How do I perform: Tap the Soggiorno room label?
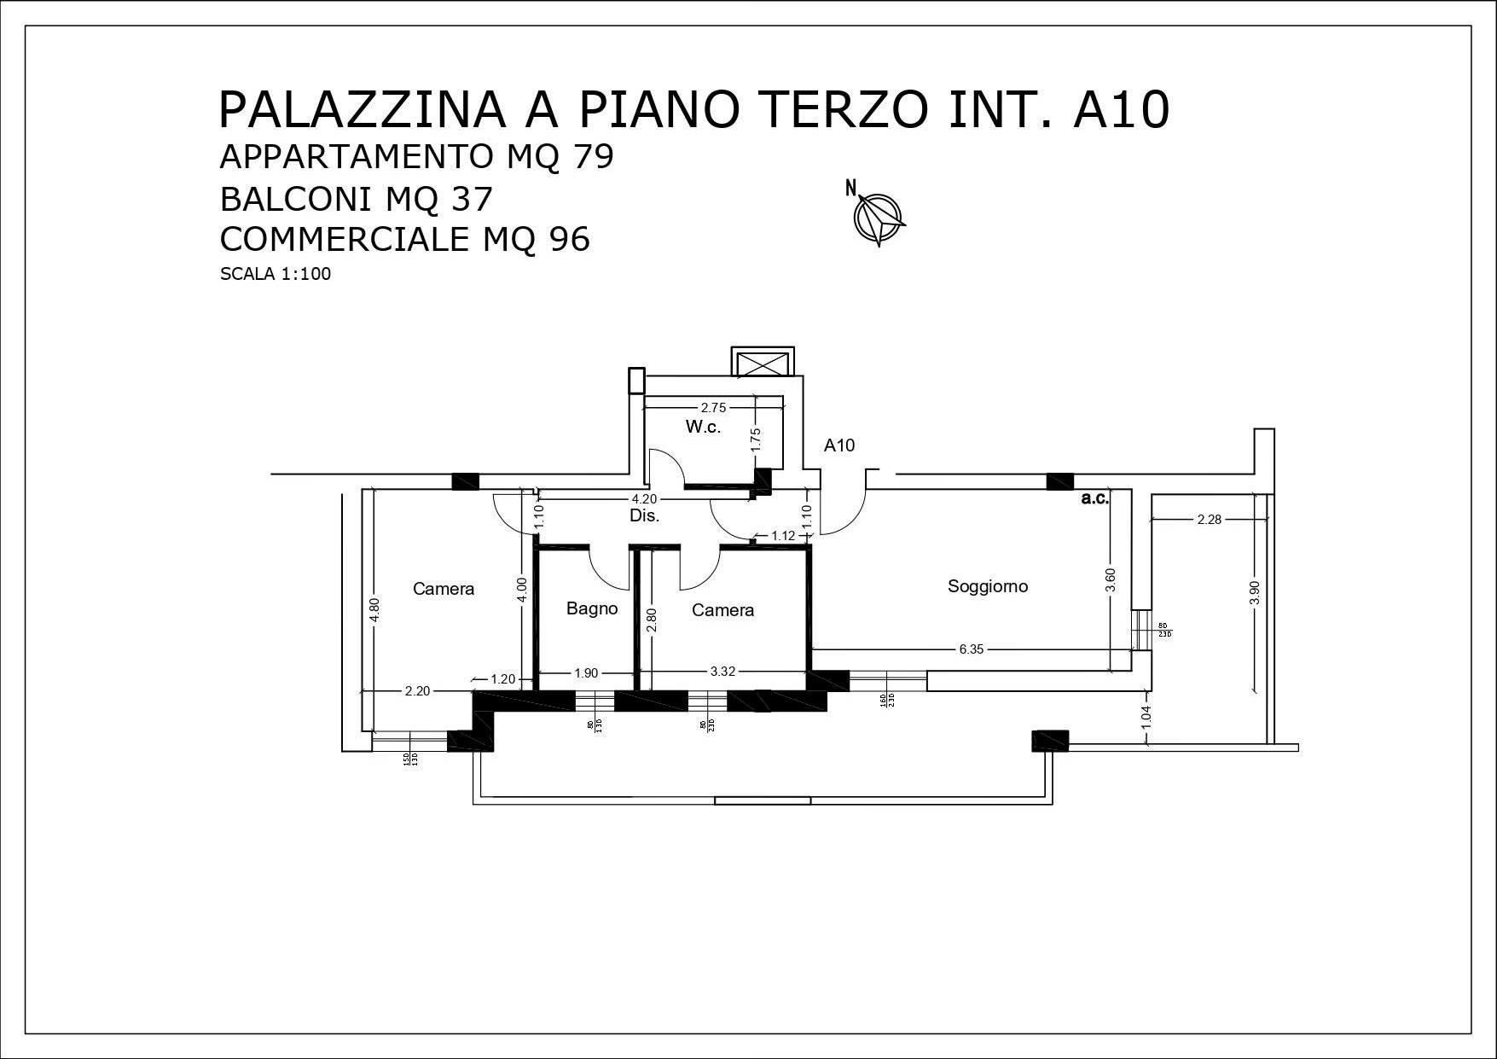[988, 586]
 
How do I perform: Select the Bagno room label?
[592, 608]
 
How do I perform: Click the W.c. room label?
[703, 428]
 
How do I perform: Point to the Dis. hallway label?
[644, 515]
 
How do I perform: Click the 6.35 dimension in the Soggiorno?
[971, 649]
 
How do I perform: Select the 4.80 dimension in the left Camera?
[373, 611]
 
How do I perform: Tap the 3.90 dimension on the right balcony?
[1253, 593]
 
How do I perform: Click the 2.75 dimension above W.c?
[713, 408]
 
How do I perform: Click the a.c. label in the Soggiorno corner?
[1094, 499]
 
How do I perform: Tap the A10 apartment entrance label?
[839, 445]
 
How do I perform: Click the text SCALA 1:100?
[275, 275]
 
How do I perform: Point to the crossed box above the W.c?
[763, 363]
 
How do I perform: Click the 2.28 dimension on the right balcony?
[1209, 519]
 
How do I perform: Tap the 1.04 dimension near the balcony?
[1146, 716]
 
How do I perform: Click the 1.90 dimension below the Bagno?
[585, 672]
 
